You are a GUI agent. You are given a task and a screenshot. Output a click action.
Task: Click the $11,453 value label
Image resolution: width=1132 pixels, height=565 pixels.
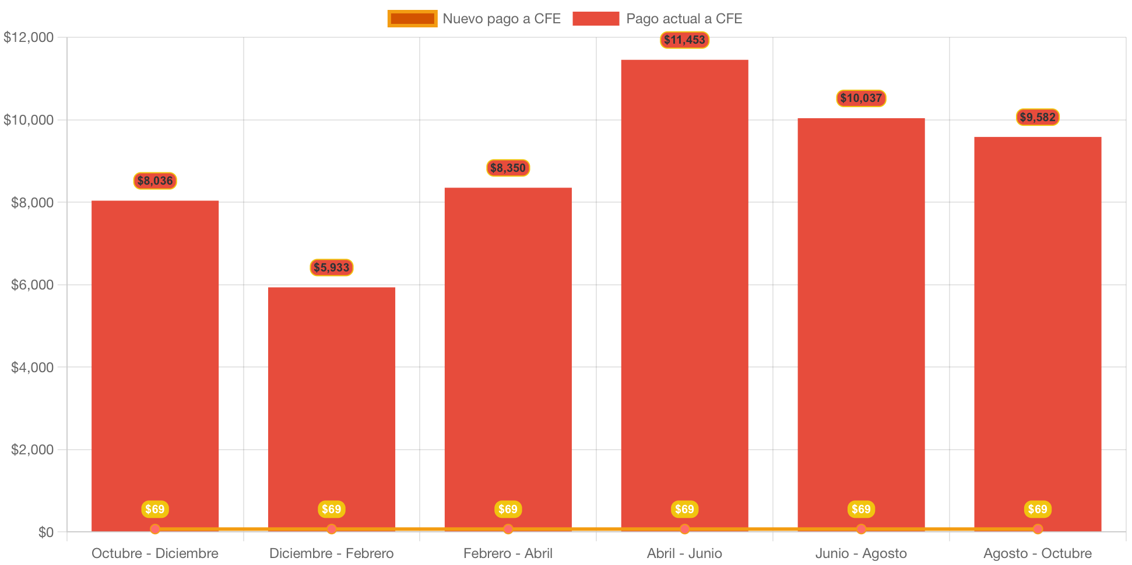pyautogui.click(x=684, y=40)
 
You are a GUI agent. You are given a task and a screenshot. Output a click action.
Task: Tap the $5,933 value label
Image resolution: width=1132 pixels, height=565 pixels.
pyautogui.click(x=331, y=267)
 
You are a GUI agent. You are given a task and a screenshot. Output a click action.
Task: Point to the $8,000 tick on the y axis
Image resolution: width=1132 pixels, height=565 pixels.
pyautogui.click(x=32, y=203)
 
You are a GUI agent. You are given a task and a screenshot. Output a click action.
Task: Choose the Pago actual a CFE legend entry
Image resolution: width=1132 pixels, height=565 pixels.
pyautogui.click(x=658, y=19)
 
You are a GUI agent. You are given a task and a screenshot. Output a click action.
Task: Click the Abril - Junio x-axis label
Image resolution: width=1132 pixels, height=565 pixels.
pyautogui.click(x=684, y=553)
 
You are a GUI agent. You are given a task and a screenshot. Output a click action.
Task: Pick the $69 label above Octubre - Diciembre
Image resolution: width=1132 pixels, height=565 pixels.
pyautogui.click(x=155, y=509)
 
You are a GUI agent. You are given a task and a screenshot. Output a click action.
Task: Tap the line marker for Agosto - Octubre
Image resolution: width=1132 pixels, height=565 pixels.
pyautogui.click(x=1038, y=529)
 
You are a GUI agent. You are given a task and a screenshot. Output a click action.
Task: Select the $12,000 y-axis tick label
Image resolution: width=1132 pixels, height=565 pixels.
pyautogui.click(x=29, y=38)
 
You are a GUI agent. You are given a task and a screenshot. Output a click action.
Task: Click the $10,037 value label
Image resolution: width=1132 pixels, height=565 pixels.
pyautogui.click(x=861, y=98)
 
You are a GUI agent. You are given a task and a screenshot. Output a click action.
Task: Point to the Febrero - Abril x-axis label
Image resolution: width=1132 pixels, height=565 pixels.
pyautogui.click(x=508, y=553)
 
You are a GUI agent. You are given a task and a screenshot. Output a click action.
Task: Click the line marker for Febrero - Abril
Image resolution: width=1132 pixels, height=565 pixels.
pyautogui.click(x=508, y=529)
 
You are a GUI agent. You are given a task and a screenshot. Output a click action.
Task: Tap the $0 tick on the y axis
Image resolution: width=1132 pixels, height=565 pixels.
pyautogui.click(x=45, y=532)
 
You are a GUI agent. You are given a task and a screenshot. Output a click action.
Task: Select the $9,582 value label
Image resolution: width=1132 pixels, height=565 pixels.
pyautogui.click(x=1038, y=117)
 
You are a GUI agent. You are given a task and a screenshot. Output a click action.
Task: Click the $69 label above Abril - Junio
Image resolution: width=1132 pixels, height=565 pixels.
pyautogui.click(x=684, y=509)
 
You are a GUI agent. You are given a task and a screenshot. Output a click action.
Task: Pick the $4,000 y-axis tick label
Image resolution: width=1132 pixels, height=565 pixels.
pyautogui.click(x=32, y=368)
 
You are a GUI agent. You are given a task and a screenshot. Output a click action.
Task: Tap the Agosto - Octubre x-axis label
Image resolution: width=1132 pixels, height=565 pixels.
pyautogui.click(x=1038, y=553)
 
